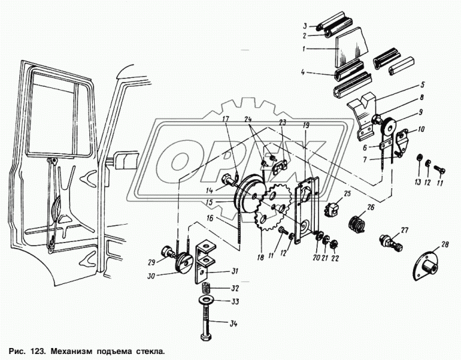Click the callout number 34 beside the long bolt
point(233,324)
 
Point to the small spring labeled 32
point(206,290)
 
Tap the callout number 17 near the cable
point(226,120)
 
